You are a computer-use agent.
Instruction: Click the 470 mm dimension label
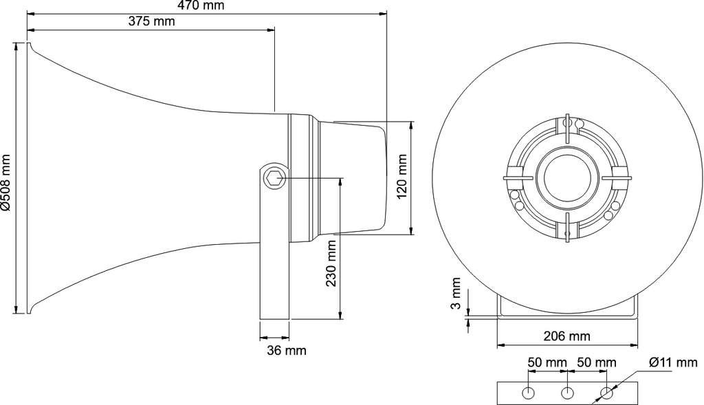pos(201,6)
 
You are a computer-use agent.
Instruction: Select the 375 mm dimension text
pos(152,21)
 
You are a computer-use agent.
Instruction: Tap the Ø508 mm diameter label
pos(5,182)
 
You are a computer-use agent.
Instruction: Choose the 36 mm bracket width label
pos(287,350)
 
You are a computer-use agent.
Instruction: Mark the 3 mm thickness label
pos(455,293)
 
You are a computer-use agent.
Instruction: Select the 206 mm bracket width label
pos(567,336)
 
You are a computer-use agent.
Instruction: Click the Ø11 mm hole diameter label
pos(674,362)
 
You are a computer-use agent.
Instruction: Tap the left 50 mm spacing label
pos(547,362)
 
